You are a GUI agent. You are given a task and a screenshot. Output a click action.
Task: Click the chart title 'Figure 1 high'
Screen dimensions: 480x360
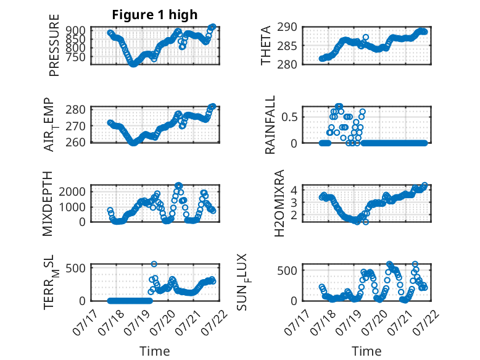tap(155, 15)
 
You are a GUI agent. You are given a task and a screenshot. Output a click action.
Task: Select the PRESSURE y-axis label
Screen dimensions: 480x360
tap(54, 45)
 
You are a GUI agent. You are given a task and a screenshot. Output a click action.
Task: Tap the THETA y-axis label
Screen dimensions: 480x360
tap(266, 45)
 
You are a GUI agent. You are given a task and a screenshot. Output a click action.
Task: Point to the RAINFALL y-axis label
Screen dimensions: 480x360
tap(270, 125)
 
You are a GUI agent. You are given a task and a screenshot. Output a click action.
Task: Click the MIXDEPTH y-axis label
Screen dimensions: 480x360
tap(48, 204)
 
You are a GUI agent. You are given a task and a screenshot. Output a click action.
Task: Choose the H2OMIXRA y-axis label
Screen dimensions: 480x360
tap(279, 203)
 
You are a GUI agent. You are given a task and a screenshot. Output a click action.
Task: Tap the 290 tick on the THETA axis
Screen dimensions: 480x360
tap(288, 27)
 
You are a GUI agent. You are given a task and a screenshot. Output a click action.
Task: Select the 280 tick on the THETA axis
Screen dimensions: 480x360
tap(288, 64)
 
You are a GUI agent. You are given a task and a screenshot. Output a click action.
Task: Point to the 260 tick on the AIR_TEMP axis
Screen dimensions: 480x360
tap(76, 143)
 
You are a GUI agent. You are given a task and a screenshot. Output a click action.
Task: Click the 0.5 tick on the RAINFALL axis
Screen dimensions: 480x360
tap(289, 117)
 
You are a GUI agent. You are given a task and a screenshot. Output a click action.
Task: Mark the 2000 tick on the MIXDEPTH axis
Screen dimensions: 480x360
tap(72, 192)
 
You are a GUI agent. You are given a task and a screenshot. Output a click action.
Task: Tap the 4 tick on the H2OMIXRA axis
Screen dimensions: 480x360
tap(294, 190)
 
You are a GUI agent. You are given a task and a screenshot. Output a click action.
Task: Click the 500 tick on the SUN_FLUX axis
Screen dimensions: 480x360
tap(288, 270)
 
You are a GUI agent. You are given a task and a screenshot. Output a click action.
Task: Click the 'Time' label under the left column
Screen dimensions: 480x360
tap(155, 351)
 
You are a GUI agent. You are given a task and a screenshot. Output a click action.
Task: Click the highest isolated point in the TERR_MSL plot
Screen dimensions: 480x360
tap(154, 264)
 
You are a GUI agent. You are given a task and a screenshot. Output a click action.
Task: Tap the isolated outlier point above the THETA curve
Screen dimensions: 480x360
tap(365, 38)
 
